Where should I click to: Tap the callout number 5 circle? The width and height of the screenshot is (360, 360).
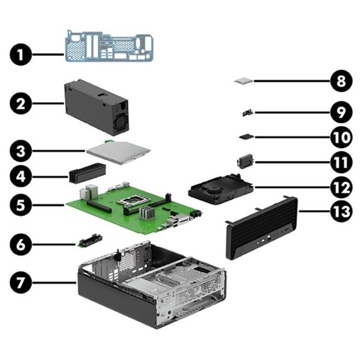(x=21, y=204)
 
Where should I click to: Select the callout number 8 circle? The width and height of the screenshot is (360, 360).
(x=340, y=80)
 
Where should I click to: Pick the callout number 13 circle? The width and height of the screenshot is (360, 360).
(x=340, y=211)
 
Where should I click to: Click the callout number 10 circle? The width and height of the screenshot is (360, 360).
(x=340, y=136)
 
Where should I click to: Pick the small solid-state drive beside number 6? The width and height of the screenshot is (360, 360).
(x=89, y=241)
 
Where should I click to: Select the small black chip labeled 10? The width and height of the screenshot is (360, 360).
(x=245, y=137)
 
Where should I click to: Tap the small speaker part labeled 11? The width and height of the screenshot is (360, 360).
(x=245, y=162)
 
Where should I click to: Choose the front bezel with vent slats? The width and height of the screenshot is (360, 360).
(x=261, y=228)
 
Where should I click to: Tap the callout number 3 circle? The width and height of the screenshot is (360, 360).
(x=21, y=150)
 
